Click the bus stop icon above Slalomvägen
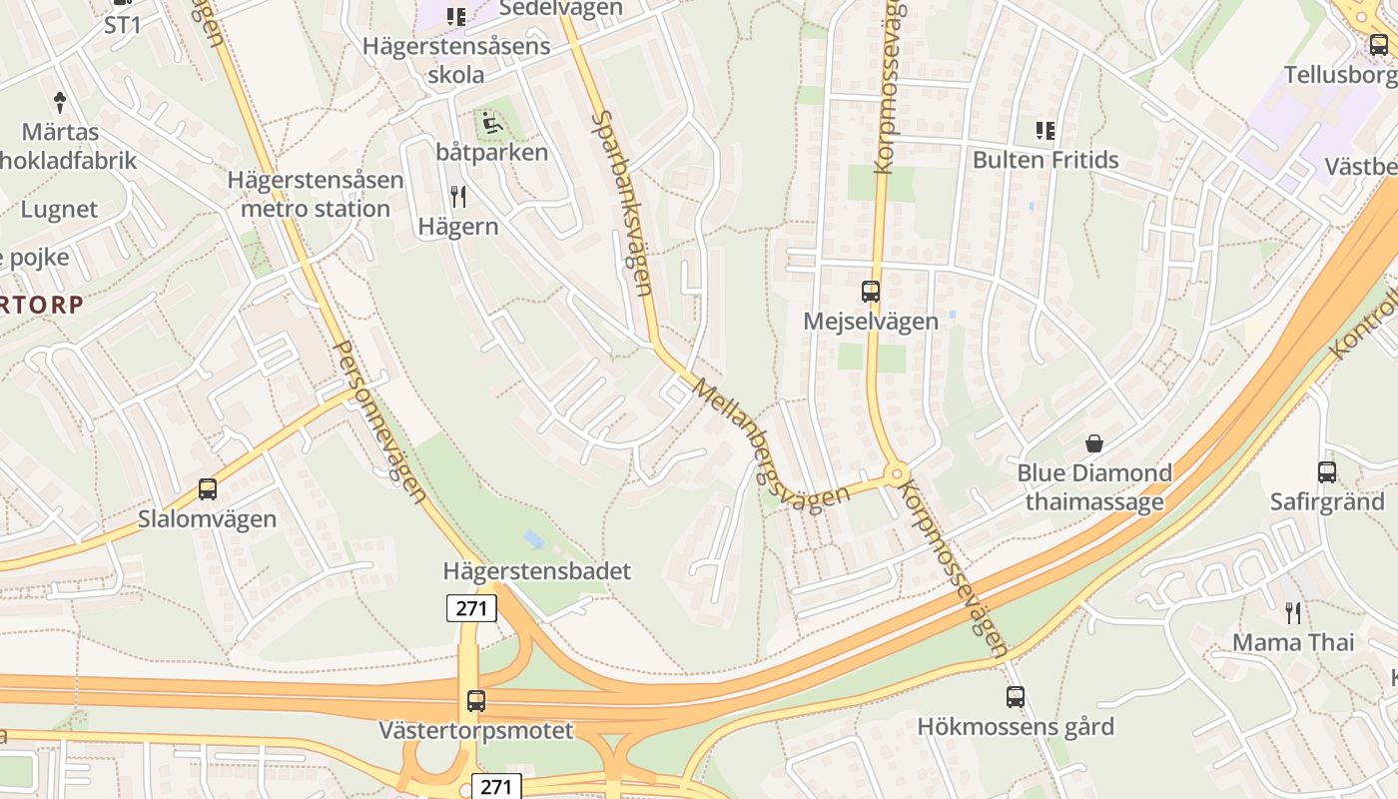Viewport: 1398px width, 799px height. pos(208,489)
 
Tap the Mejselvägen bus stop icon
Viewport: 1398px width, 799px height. pos(871,292)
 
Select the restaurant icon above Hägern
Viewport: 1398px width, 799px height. pos(458,197)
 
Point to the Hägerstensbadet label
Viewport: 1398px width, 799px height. pos(537,571)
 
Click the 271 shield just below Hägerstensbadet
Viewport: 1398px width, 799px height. pos(471,607)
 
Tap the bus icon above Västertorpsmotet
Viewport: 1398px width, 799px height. pos(476,701)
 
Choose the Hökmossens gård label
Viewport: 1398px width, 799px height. pos(1016,726)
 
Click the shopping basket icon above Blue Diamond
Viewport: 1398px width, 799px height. pos(1094,442)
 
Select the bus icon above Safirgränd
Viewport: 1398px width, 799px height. pos(1327,472)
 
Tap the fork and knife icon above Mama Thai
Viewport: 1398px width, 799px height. pos(1293,612)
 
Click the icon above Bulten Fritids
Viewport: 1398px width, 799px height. pos(1046,130)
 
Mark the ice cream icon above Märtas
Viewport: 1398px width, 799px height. pos(60,101)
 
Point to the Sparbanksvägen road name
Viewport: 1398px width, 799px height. pos(621,203)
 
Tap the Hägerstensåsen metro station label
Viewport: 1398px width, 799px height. pos(316,194)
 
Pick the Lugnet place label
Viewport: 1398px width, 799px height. pos(60,210)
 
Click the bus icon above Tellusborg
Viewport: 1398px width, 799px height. pos(1379,45)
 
